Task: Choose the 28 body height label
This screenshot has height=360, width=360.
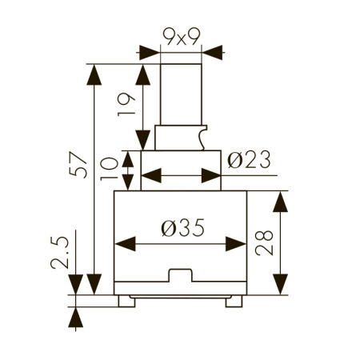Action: [x=268, y=238]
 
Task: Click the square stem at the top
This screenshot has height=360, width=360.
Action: [x=180, y=92]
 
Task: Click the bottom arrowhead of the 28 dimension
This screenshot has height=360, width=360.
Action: [x=281, y=284]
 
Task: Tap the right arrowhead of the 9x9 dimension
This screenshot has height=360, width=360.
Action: [x=211, y=53]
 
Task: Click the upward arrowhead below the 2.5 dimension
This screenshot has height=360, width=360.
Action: [x=77, y=318]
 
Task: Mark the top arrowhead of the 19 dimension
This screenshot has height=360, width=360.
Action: [x=144, y=74]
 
